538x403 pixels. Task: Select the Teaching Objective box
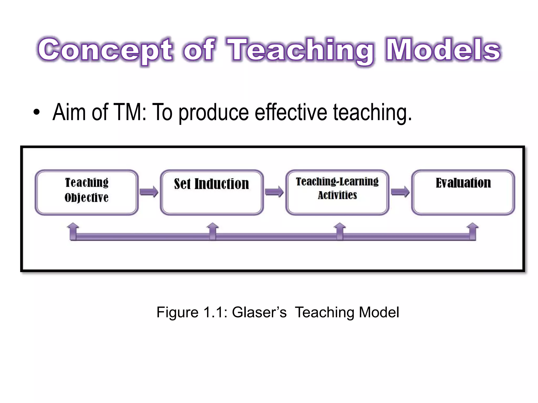[x=87, y=192]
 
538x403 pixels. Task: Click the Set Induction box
[x=212, y=192]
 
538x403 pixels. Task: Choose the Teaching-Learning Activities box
[x=337, y=192]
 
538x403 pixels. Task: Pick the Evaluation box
[x=463, y=192]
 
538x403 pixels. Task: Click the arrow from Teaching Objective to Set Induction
[x=149, y=192]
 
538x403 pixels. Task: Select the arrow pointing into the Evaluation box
[x=400, y=192]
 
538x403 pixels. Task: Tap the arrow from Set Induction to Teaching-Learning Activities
[x=274, y=192]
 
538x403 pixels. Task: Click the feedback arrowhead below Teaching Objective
[x=73, y=226]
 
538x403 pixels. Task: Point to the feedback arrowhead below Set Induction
[x=213, y=226]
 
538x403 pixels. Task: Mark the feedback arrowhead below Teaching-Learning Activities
[x=340, y=226]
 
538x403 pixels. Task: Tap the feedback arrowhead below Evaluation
[x=473, y=226]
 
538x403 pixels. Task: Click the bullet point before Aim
[x=37, y=113]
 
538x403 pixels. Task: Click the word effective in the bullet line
[x=291, y=112]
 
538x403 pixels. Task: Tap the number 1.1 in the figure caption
[x=213, y=312]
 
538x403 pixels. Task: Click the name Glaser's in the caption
[x=259, y=312]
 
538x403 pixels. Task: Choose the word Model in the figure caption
[x=379, y=312]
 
